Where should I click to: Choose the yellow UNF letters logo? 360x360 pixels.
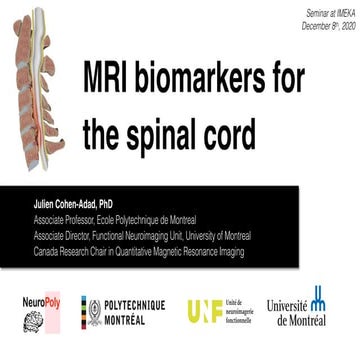coord(204,311)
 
